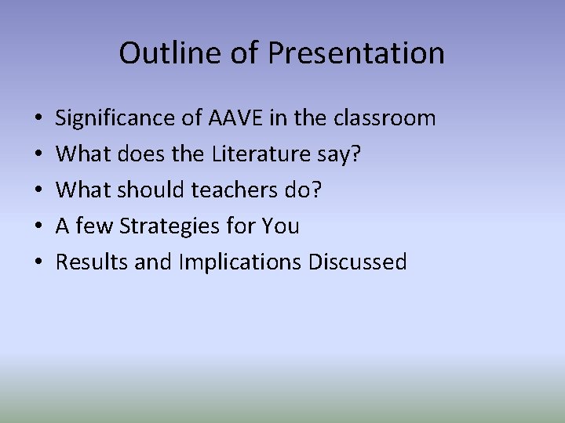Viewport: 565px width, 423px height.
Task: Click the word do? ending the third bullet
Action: point(305,190)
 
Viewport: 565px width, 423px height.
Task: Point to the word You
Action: point(281,226)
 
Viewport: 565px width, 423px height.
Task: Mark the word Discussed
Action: point(358,262)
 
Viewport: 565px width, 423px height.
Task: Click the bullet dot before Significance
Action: point(38,119)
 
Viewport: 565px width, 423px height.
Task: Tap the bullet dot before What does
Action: point(38,155)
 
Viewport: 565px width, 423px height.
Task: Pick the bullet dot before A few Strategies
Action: point(38,227)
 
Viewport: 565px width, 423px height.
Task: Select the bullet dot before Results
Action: point(38,263)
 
